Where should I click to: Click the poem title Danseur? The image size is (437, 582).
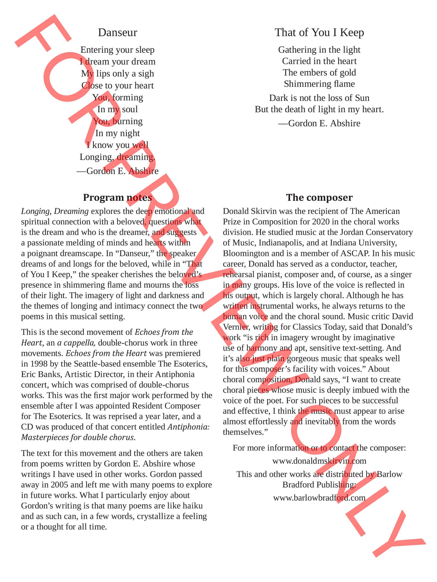pos(118,33)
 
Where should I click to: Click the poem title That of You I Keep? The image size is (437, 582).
pos(319,33)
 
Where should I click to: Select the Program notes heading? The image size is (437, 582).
pos(118,198)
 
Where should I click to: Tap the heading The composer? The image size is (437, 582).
pos(319,198)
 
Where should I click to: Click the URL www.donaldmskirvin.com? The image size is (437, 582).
pos(319,461)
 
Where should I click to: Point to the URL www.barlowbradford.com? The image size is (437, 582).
pos(319,498)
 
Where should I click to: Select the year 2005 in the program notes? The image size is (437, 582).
pos(59,485)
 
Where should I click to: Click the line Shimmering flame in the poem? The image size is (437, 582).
pos(319,84)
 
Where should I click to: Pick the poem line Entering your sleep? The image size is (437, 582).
pos(118,50)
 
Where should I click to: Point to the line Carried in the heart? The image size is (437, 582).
pos(319,62)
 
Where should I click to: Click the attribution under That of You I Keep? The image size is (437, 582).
pos(319,124)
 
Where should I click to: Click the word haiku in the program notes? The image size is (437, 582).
pos(192,506)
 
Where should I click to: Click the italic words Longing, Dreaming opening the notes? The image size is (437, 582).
pos(55,211)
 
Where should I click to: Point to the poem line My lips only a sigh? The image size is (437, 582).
pos(118,74)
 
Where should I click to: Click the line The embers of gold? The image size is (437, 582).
pos(319,73)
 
